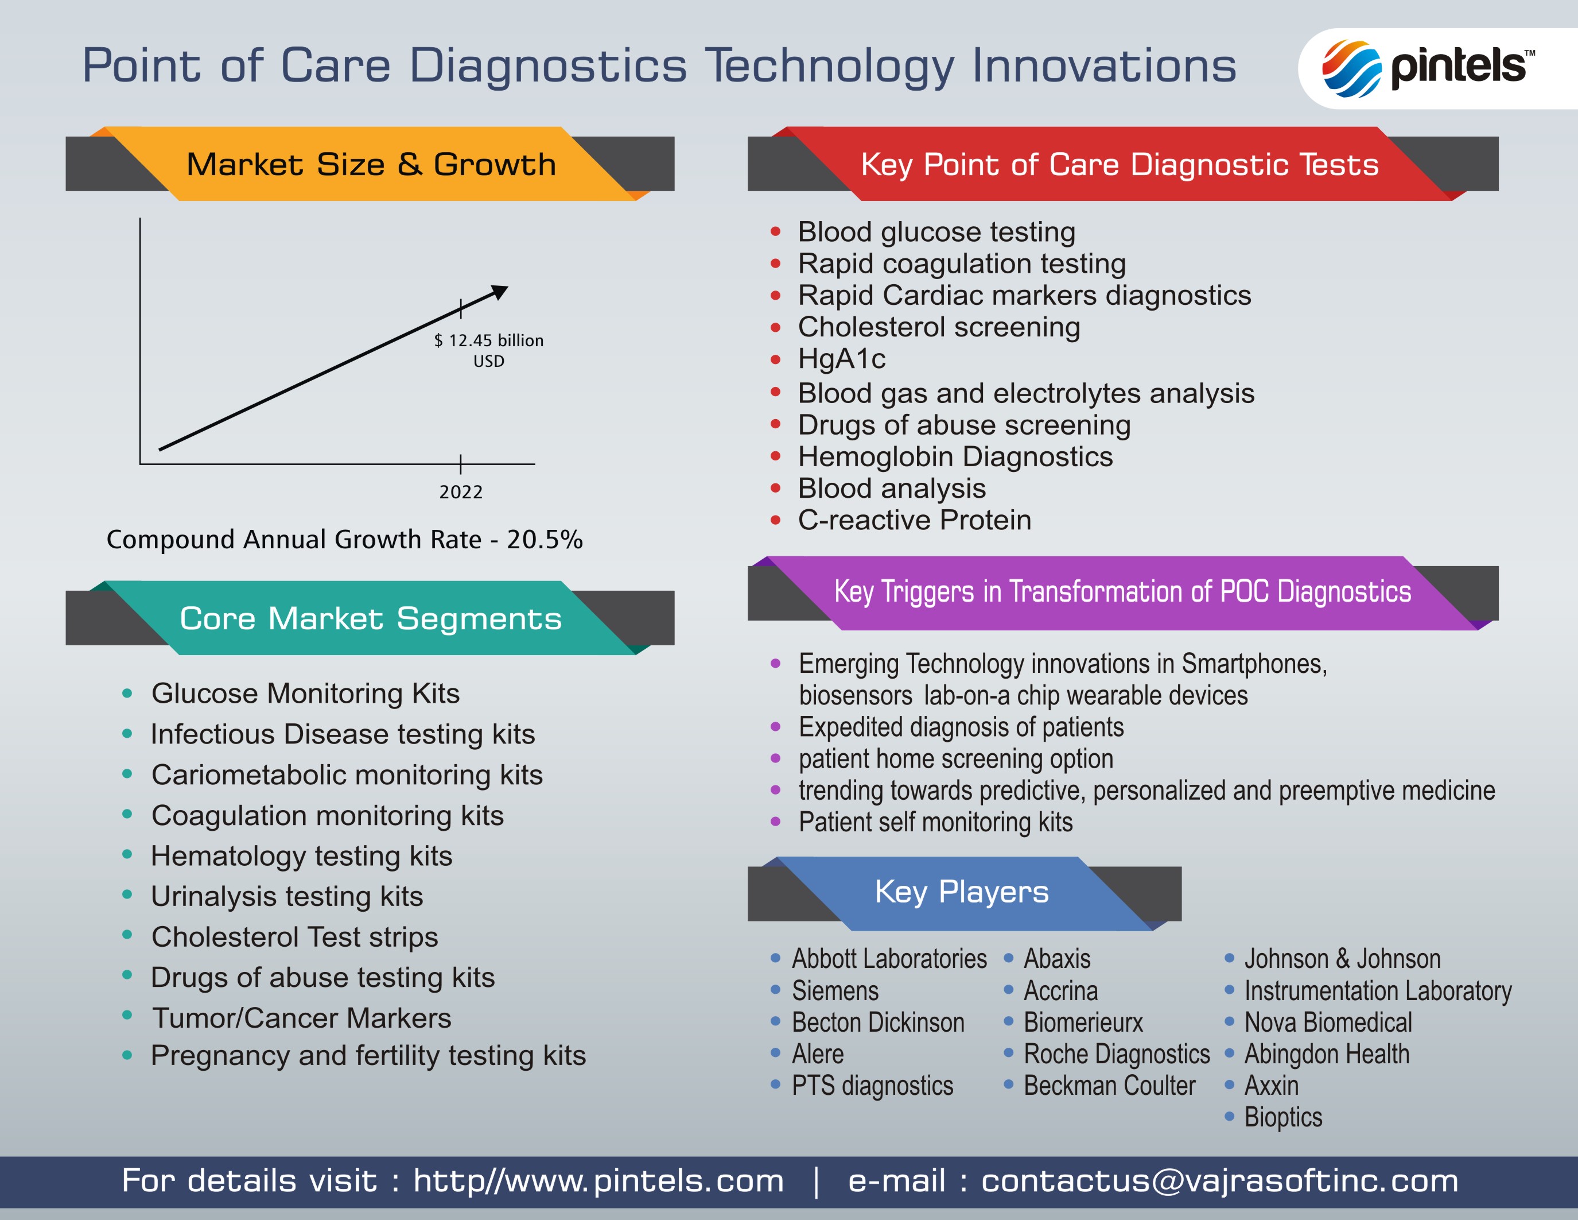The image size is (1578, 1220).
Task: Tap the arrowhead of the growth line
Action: [500, 292]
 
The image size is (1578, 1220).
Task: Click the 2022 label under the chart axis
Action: [461, 492]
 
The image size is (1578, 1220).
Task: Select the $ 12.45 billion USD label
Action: [489, 351]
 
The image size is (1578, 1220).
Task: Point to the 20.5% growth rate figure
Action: [545, 539]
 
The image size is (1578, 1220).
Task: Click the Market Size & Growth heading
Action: [371, 164]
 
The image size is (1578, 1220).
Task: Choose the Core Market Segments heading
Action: [371, 619]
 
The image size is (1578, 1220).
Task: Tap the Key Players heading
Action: [962, 892]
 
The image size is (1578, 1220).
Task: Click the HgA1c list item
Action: [842, 358]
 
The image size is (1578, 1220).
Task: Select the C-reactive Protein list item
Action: [915, 520]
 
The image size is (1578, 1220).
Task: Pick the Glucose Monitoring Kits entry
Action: [306, 694]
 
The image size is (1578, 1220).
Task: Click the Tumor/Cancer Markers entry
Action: [302, 1018]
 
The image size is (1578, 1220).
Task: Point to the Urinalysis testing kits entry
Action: [287, 897]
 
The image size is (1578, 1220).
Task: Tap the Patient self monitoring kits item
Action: [936, 823]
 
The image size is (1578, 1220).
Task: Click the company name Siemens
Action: [835, 991]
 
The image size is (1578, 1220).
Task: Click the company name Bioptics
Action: [1283, 1117]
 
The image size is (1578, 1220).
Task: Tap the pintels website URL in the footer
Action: [598, 1181]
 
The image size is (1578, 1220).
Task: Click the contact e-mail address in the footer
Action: [1219, 1181]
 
